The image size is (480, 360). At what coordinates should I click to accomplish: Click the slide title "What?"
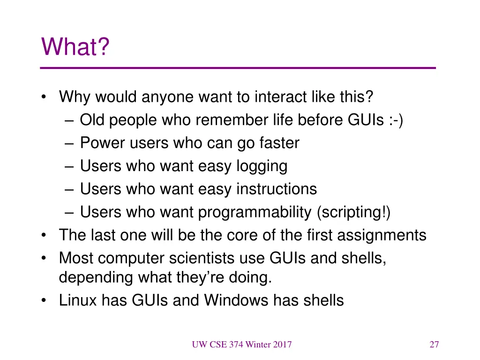[x=75, y=47]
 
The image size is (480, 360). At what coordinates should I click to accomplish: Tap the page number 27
[x=434, y=345]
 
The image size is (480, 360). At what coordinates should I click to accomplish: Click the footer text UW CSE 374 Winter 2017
[x=241, y=345]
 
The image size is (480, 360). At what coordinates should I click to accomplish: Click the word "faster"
[x=279, y=143]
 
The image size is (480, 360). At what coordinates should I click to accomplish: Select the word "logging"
[x=262, y=166]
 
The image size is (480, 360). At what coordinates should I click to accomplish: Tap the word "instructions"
[x=276, y=189]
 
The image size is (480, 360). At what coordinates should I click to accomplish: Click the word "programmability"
[x=254, y=212]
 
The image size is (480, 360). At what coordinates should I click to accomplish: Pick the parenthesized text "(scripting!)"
[x=353, y=212]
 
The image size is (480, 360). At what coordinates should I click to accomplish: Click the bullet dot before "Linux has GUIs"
[x=44, y=300]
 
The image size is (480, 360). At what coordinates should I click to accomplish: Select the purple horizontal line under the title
[x=238, y=68]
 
